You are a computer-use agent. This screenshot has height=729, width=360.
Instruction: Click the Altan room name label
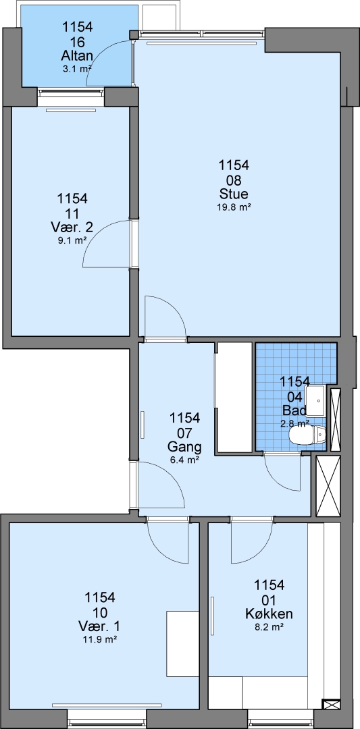pos(77,56)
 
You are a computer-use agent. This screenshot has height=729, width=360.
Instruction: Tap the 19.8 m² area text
pos(234,208)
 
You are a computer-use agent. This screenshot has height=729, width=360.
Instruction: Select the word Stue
pos(234,194)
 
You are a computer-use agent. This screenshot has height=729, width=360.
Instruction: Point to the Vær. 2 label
pos(72,228)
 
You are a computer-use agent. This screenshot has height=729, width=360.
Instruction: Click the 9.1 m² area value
pos(72,241)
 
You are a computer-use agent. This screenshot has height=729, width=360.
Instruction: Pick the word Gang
pos(184,448)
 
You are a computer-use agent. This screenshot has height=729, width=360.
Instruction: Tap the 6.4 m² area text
pos(184,460)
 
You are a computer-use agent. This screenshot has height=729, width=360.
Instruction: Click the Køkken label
pos(269,614)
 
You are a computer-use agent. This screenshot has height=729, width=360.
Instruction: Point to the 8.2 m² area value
pos(269,626)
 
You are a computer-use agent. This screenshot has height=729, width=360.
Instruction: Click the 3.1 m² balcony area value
pos(77,70)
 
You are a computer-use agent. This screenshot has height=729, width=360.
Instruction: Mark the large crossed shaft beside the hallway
pos(328,486)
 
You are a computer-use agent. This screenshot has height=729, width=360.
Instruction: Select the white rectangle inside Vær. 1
pos(183,643)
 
